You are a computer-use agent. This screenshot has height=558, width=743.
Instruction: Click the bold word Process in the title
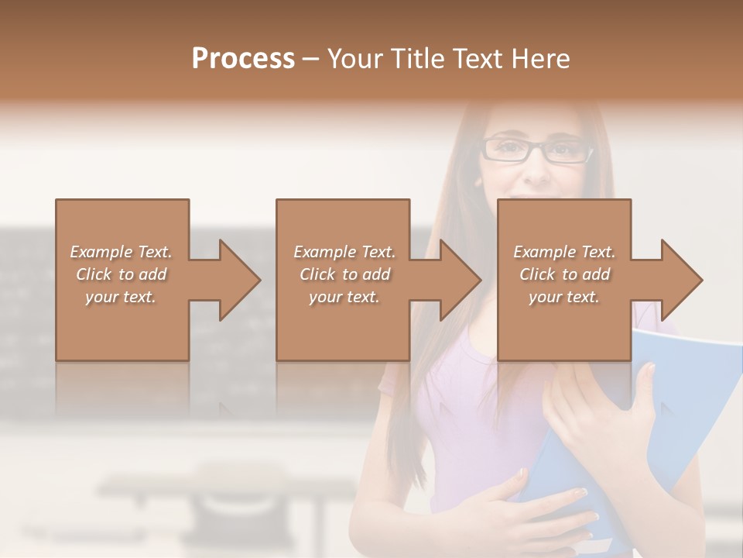click(243, 59)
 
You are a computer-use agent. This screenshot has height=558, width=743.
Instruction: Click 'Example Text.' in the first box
click(121, 252)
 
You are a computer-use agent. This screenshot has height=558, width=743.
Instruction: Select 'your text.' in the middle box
click(344, 297)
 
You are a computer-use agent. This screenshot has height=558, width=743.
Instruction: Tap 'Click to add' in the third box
click(564, 274)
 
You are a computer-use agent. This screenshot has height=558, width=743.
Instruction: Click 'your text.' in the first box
click(121, 297)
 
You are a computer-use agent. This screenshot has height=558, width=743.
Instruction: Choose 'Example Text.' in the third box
click(564, 252)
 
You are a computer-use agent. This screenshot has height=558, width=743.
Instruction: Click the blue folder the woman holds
click(689, 403)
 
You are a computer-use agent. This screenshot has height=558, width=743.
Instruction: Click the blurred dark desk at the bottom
click(232, 496)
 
